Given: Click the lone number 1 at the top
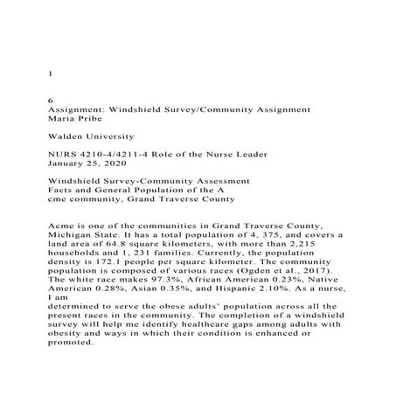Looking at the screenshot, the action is [49, 74].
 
